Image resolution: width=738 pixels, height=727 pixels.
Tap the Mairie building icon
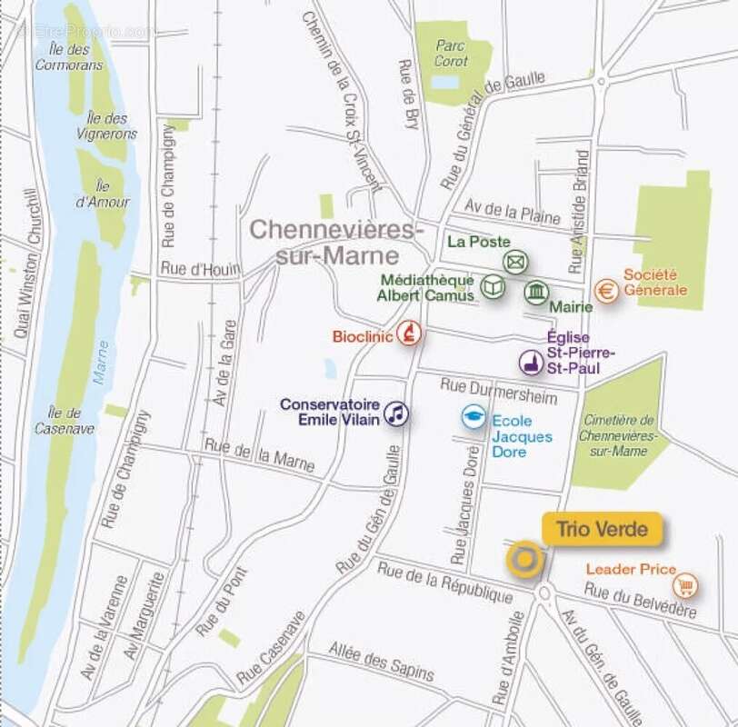536,293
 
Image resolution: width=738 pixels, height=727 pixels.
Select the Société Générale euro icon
607,290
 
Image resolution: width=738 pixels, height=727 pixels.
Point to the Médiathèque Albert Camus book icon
492,287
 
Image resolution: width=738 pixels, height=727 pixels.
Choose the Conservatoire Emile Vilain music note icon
395,414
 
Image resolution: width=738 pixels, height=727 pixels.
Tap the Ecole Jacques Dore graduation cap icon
473,416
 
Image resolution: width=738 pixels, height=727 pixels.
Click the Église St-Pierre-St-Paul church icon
532,363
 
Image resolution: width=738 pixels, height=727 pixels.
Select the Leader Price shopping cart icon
686,586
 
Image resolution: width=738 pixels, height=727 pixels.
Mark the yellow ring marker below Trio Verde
524,560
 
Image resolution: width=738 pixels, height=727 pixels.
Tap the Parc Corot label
451,52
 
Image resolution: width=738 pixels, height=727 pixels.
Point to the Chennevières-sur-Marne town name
336,242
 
